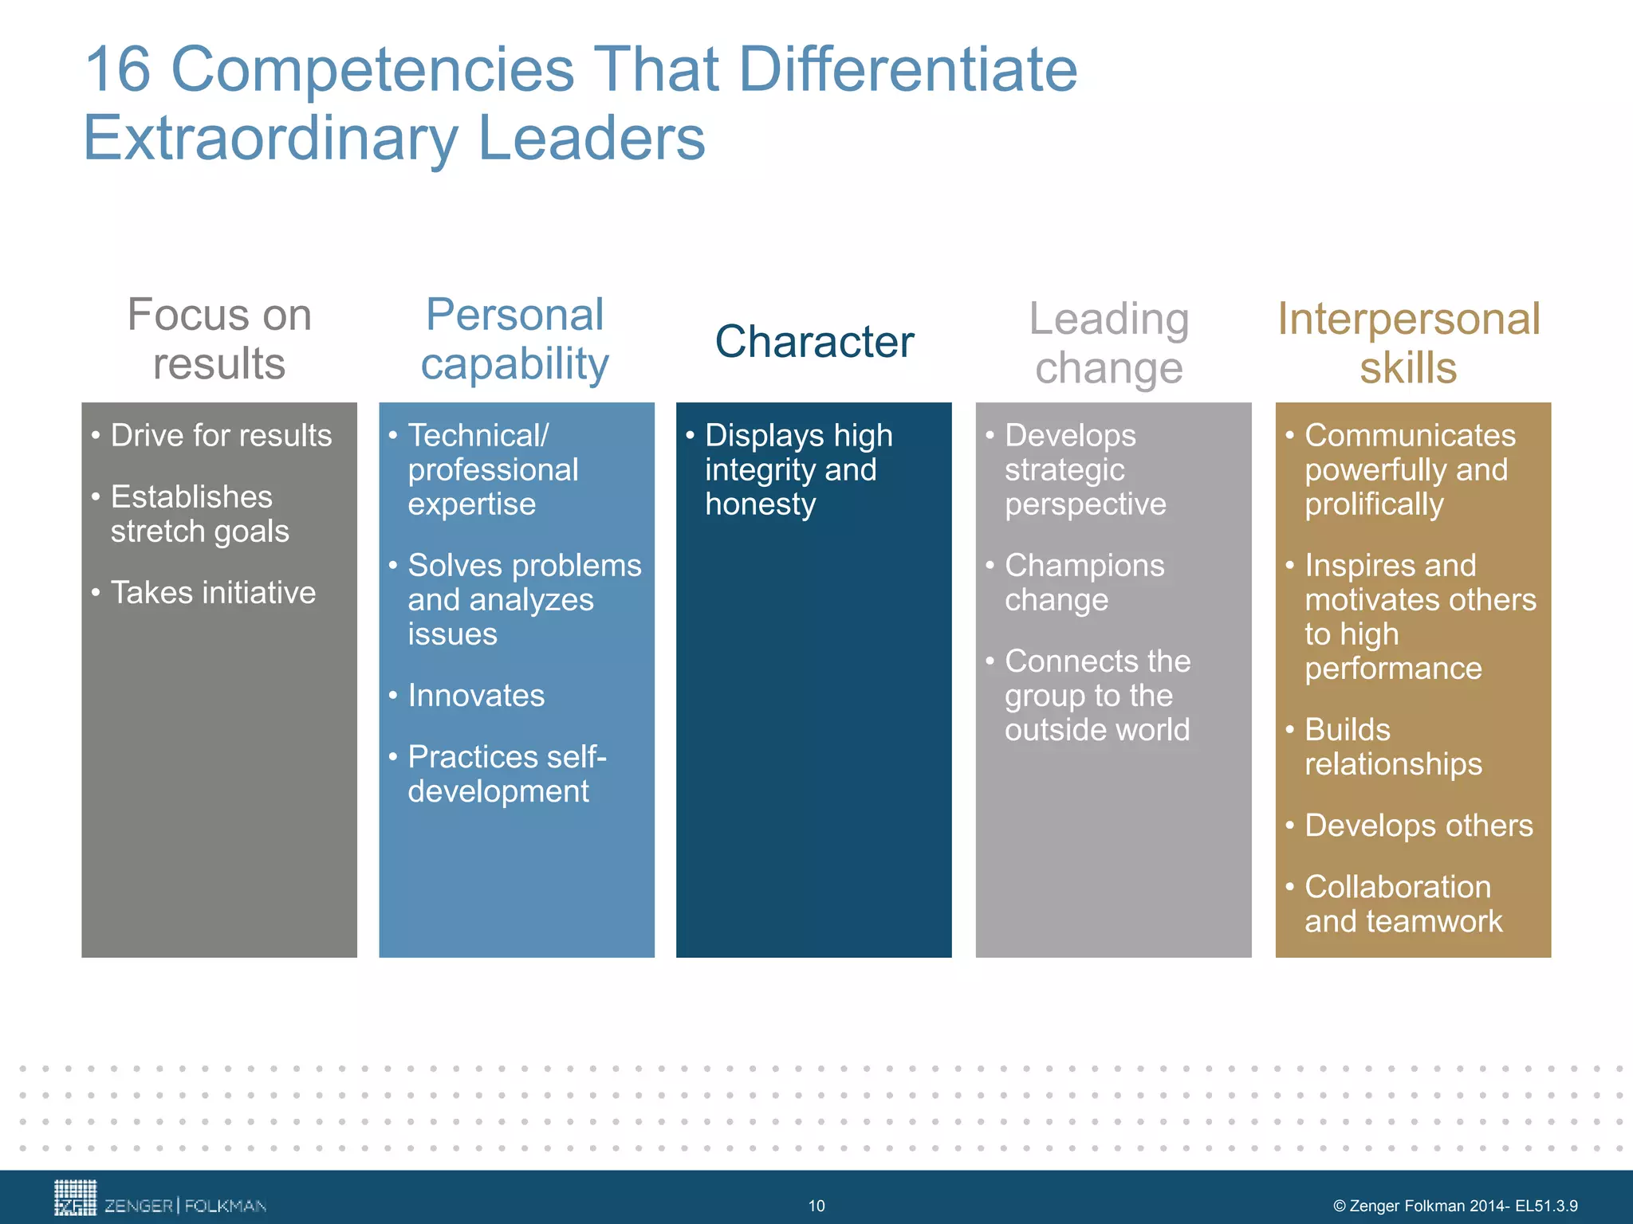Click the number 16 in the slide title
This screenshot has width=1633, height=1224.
coord(117,70)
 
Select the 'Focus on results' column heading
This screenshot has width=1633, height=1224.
coord(219,339)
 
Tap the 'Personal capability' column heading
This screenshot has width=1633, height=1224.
coord(515,339)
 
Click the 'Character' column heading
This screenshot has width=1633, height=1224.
coord(814,342)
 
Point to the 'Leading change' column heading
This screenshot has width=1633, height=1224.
coord(1109,343)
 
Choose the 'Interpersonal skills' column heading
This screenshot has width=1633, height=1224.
coord(1409,343)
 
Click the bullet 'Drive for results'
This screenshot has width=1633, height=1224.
coord(221,436)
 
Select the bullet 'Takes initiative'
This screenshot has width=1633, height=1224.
coord(213,593)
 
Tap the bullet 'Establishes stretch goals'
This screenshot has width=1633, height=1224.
coord(199,514)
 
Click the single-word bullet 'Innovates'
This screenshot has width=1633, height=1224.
coord(476,696)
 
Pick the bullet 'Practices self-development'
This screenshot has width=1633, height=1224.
coord(506,774)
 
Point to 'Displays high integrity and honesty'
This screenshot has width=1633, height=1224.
coord(797,470)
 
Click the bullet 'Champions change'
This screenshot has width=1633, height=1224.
coord(1084,583)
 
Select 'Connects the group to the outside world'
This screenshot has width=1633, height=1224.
coord(1097,696)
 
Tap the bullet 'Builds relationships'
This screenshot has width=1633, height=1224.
coord(1392,747)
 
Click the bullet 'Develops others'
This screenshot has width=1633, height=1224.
coord(1419,826)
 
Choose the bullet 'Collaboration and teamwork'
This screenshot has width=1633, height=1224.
coord(1403,904)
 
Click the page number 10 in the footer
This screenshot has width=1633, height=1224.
coord(816,1206)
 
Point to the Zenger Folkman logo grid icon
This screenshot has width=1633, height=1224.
coord(75,1198)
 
